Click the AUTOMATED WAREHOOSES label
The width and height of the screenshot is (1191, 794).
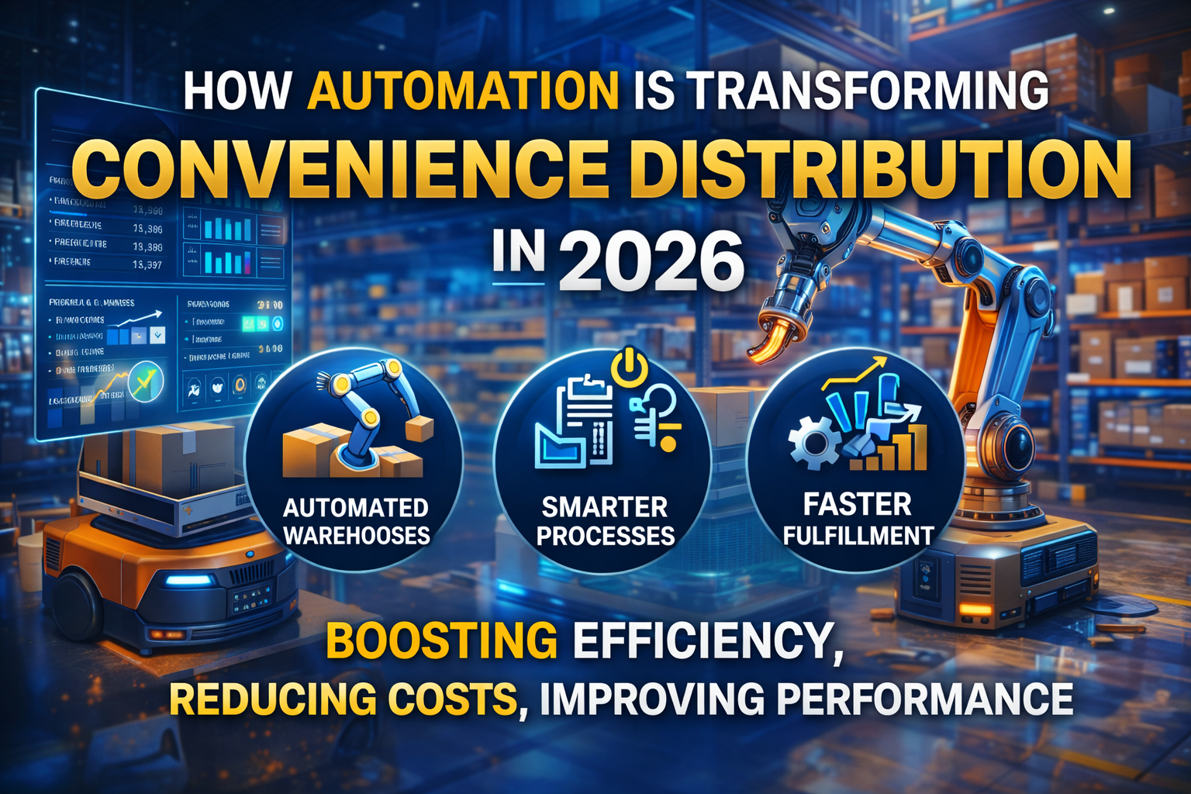pyautogui.click(x=356, y=521)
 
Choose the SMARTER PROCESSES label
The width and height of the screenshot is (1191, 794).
pyautogui.click(x=605, y=521)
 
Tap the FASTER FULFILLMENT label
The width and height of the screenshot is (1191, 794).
pyautogui.click(x=858, y=520)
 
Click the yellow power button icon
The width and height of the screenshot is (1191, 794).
pyautogui.click(x=629, y=366)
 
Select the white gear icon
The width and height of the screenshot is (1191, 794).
pyautogui.click(x=813, y=443)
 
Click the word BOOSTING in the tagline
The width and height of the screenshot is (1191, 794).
pyautogui.click(x=441, y=641)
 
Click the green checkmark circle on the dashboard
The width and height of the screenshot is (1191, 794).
pyautogui.click(x=147, y=381)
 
